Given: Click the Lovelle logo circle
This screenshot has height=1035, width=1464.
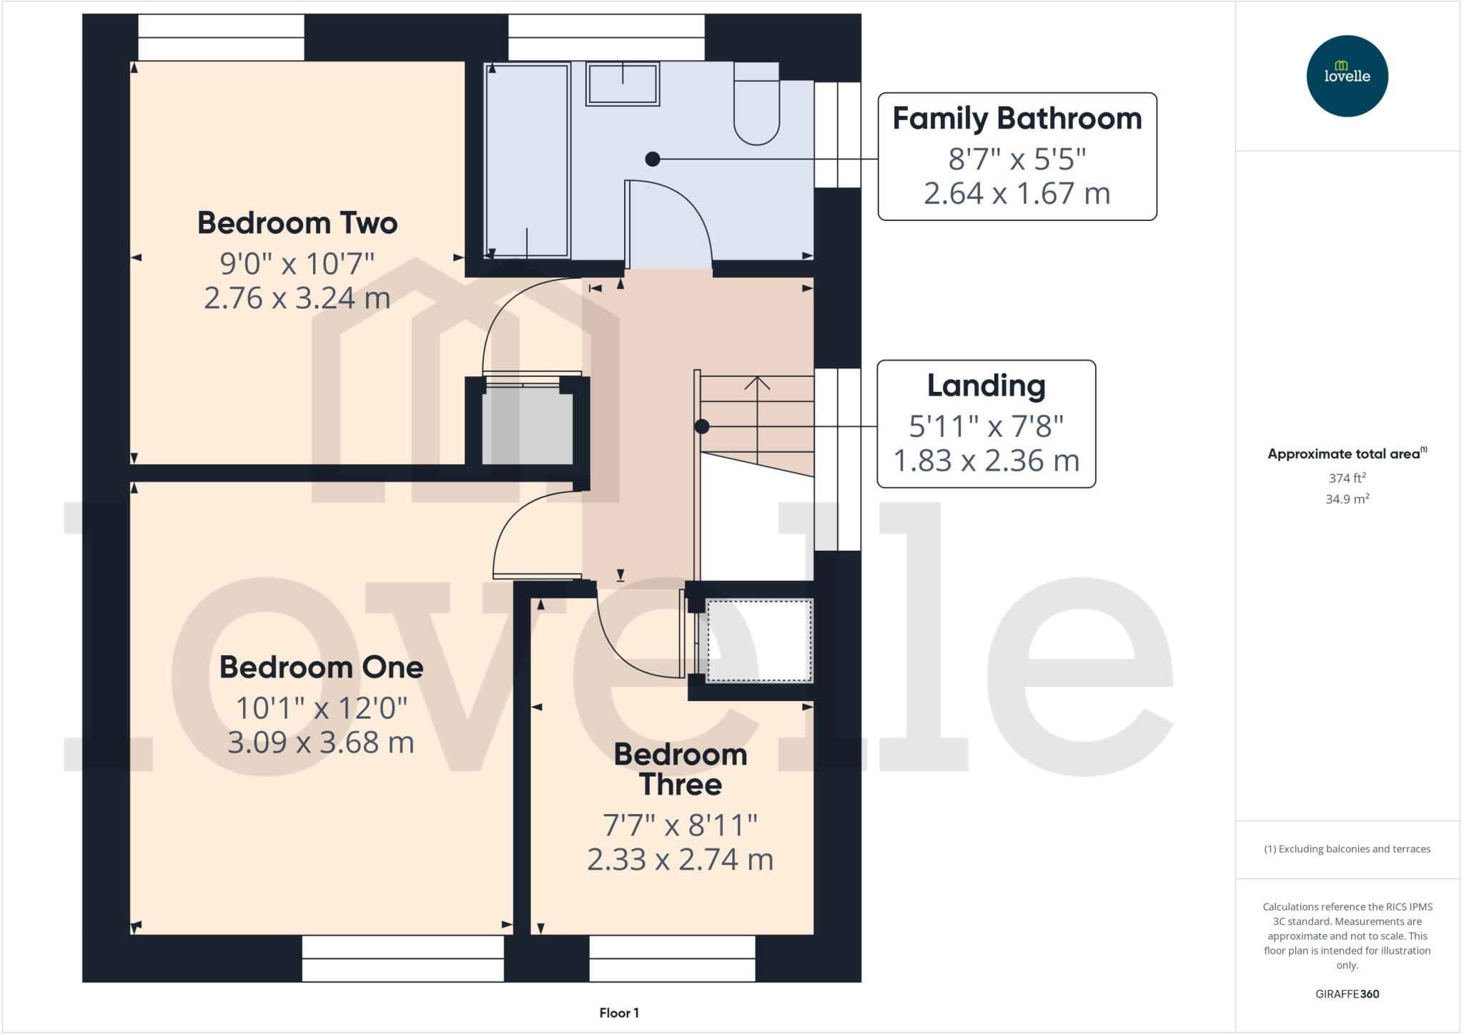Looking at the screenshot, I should click(x=1347, y=76).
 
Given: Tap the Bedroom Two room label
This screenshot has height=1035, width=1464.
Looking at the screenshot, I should click(x=297, y=222).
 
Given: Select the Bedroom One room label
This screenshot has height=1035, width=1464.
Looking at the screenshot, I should click(x=321, y=667).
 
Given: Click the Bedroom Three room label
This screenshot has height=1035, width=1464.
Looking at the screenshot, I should click(x=680, y=769).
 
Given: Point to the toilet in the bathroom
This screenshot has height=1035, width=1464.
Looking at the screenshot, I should click(x=756, y=107).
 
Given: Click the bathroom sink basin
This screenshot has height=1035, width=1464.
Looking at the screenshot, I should click(x=622, y=84).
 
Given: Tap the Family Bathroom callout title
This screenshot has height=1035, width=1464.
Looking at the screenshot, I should click(x=1017, y=118).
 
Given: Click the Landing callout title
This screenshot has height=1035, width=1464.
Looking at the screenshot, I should click(x=986, y=385).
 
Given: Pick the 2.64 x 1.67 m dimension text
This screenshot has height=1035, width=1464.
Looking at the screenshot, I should click(x=1017, y=193).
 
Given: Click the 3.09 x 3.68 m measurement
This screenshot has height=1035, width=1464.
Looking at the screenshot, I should click(x=321, y=742).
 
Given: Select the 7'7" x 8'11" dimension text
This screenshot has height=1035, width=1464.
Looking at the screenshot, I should click(x=680, y=825).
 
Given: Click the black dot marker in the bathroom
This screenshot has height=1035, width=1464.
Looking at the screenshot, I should click(x=652, y=159).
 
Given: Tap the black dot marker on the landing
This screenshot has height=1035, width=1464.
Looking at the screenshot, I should click(x=702, y=426).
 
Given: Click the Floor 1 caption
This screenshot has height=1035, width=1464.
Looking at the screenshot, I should click(x=619, y=1013).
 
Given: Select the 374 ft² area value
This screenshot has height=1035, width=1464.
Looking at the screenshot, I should click(x=1347, y=478).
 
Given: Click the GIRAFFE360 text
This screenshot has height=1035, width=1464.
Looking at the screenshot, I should click(x=1347, y=994).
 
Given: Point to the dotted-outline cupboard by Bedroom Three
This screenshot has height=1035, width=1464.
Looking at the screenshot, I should click(x=759, y=640).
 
